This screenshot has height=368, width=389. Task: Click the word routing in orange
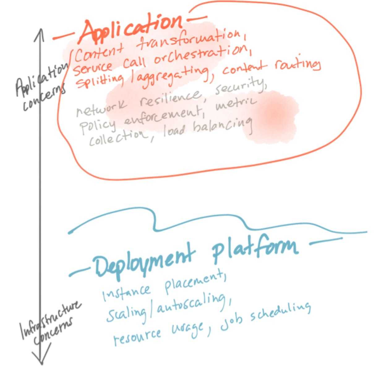[297, 65]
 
